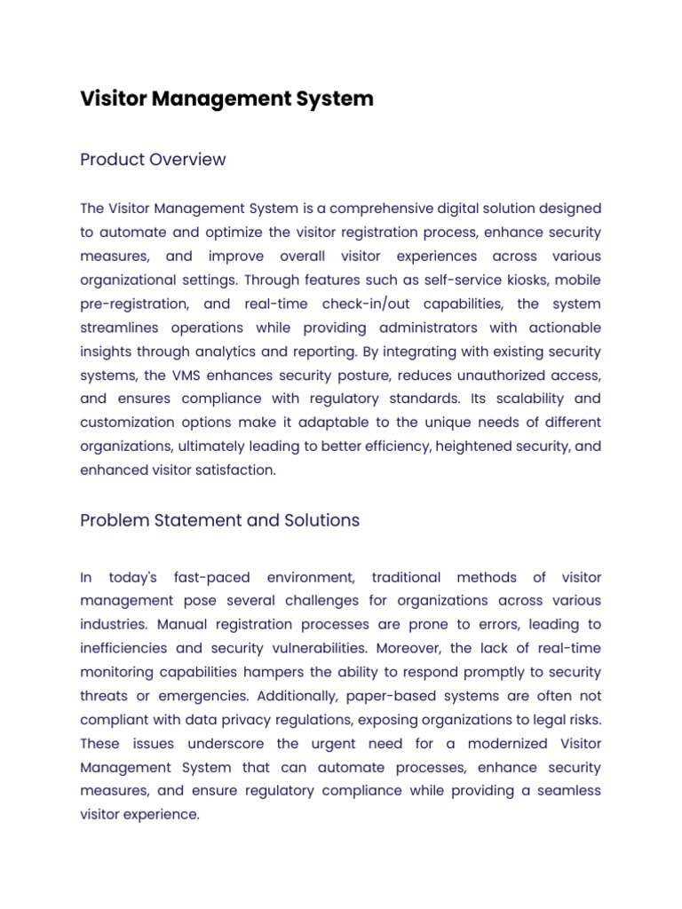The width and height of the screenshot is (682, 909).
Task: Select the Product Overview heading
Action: [x=153, y=160]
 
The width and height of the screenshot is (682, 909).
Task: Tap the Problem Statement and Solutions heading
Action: [x=219, y=520]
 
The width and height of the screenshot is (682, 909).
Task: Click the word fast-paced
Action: [x=212, y=578]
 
